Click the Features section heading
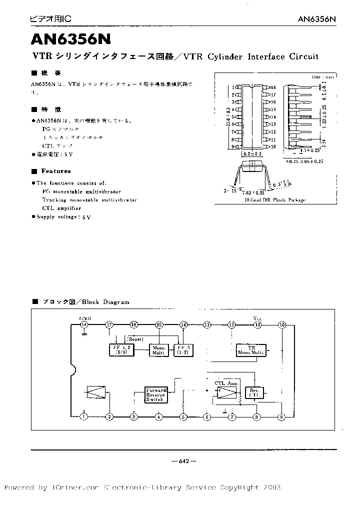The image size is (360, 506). coord(55,171)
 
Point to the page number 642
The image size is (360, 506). coord(179,461)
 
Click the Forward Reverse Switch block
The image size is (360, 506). coord(154,394)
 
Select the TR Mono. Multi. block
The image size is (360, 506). coord(251,349)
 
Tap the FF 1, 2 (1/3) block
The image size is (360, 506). coord(120,349)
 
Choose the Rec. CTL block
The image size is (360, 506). coord(254,392)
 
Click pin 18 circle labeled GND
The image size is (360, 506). coord(84,325)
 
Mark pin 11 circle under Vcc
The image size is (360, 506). coord(257,325)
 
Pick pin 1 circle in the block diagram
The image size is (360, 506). coord(84,416)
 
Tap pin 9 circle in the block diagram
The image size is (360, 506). coord(282,416)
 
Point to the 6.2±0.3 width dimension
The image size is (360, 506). coord(252,154)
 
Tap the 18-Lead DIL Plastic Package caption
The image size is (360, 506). coord(275,199)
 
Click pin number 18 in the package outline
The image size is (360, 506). coord(273,87)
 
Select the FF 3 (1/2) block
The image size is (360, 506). coord(183,349)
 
